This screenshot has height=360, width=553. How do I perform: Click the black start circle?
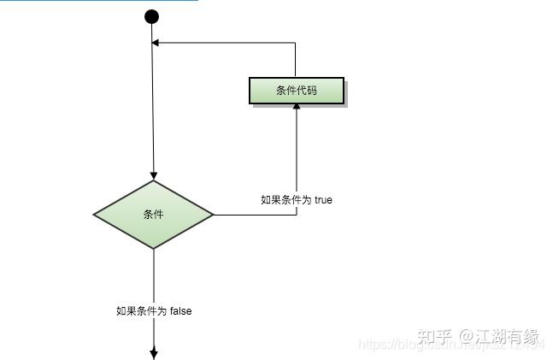152,16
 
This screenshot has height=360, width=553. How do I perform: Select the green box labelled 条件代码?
297,91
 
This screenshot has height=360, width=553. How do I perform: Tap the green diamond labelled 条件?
153,215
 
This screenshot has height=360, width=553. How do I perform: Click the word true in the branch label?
323,200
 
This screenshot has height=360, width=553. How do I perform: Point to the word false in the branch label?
180,311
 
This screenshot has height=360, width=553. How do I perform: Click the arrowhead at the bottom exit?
154,352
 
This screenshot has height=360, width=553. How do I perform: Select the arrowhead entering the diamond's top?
154,175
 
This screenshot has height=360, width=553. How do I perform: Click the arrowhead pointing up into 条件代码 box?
297,109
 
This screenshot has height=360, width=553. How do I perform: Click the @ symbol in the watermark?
468,337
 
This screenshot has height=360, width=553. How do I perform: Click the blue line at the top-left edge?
98,1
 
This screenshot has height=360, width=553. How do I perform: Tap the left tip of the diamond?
94,215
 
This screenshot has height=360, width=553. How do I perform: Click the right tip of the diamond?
214,215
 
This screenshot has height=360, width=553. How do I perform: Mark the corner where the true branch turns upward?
297,215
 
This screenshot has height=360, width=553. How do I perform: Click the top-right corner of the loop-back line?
296,43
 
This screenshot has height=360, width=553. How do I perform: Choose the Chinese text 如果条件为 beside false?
141,311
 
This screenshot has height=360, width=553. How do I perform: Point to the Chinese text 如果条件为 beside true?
285,200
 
